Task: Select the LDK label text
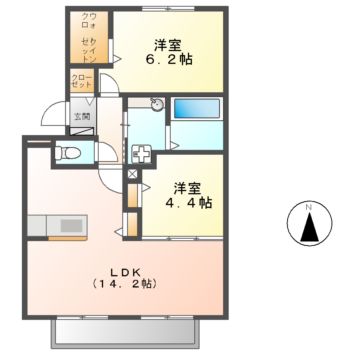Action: (124, 268)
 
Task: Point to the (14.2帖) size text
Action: (124, 284)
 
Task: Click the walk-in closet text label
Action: (89, 38)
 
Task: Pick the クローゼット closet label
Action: (82, 82)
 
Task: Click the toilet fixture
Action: (69, 153)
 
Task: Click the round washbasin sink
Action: (157, 105)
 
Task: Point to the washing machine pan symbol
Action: (141, 154)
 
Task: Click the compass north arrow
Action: (309, 222)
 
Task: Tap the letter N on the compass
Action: (309, 206)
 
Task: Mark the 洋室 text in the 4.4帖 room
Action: (185, 185)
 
